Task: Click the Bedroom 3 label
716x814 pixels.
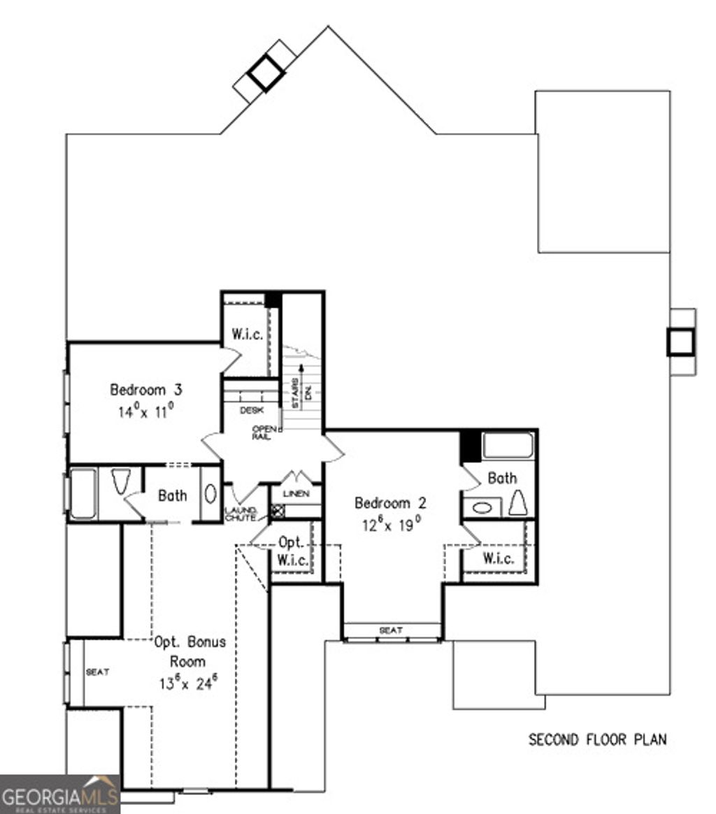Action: [146, 389]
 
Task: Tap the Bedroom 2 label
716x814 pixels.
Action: [390, 503]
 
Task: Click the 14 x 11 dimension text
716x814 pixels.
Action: [145, 412]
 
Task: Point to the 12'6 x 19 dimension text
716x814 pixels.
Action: [390, 525]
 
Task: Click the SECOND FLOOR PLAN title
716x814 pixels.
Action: [596, 739]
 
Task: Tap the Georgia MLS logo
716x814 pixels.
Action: [60, 795]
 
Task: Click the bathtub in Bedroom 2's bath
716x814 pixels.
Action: [508, 446]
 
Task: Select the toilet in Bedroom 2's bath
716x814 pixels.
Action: [518, 502]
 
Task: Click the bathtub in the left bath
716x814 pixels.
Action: [83, 493]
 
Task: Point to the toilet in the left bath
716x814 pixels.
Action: [121, 482]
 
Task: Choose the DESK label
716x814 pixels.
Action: [251, 411]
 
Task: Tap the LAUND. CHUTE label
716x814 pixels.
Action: [240, 514]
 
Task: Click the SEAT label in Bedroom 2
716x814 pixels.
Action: [391, 630]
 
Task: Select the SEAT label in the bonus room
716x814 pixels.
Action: [96, 672]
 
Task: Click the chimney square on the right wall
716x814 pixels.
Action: [680, 342]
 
